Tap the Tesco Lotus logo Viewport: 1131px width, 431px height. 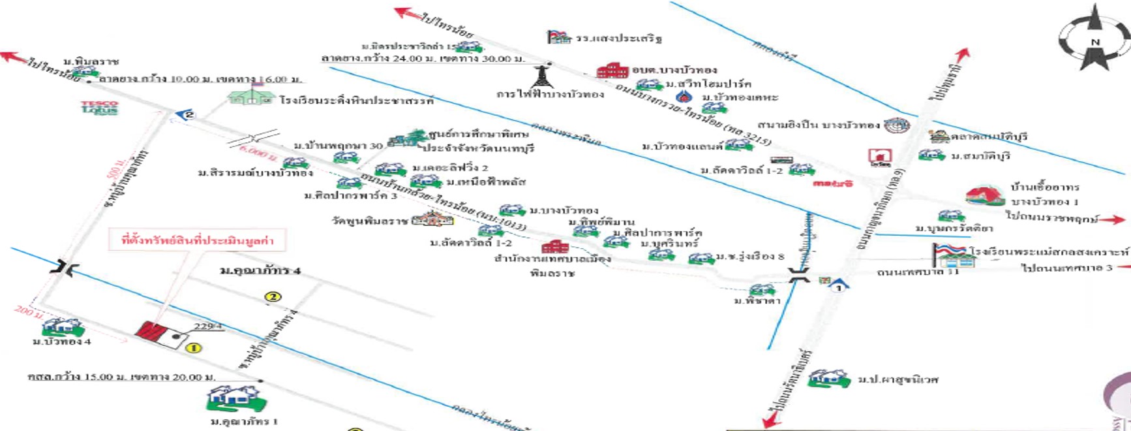[x=99, y=108]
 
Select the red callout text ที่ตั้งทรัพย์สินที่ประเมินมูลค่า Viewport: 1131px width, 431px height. [x=197, y=240]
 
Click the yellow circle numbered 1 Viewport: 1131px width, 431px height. [x=193, y=348]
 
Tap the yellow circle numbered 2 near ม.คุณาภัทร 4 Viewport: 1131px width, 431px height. [x=273, y=297]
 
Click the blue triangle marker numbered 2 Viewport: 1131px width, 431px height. [x=187, y=115]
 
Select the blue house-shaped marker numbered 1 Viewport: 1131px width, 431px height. [x=839, y=285]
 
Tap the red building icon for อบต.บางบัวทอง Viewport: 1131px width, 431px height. [x=612, y=70]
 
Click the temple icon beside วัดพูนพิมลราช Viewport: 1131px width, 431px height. [x=432, y=219]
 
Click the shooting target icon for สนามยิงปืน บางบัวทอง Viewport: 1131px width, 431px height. [x=896, y=125]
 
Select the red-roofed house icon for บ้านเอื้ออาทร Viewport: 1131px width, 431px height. [x=984, y=195]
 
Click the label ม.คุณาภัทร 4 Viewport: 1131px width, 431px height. [x=260, y=270]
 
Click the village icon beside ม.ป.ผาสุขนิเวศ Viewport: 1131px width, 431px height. [x=829, y=378]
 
